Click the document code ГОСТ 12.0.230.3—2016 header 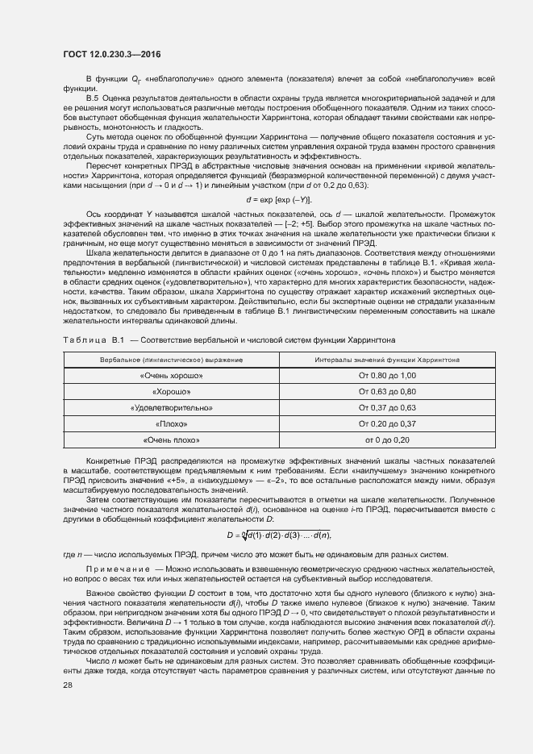(112, 54)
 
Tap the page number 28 (68, 707)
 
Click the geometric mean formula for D (278, 535)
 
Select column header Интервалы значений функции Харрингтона (387, 359)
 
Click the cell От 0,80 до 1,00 (387, 376)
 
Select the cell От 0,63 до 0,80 (387, 392)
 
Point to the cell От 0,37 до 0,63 (387, 408)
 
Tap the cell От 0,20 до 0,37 (387, 423)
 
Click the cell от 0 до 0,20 (387, 439)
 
